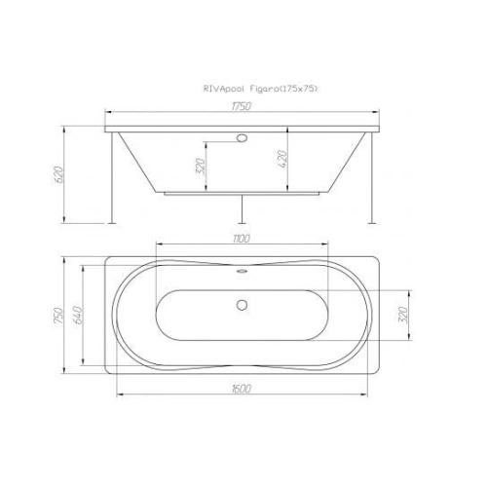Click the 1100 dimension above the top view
point(242,239)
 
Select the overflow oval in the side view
point(241,138)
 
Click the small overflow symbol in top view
point(241,273)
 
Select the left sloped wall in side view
point(141,161)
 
